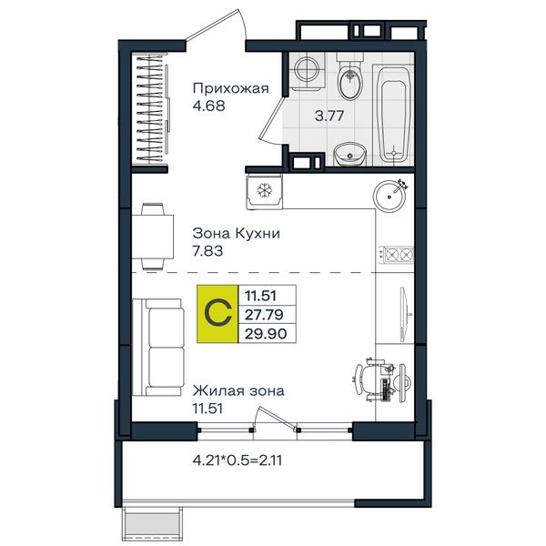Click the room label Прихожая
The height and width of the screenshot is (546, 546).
click(x=231, y=89)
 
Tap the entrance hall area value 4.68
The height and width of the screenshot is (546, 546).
click(x=209, y=106)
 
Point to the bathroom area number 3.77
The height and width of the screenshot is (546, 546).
click(x=329, y=116)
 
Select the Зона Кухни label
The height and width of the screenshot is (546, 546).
click(x=236, y=233)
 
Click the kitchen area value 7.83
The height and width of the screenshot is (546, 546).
click(x=207, y=251)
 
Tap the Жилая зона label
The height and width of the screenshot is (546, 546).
click(x=238, y=390)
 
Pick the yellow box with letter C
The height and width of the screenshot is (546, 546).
click(x=217, y=314)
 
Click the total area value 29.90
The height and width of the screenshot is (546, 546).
click(x=266, y=334)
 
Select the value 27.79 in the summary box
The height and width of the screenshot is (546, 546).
click(x=264, y=315)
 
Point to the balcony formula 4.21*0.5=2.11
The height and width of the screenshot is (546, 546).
click(x=238, y=460)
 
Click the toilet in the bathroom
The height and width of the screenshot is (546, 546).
click(x=350, y=76)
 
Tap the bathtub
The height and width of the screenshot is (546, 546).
click(x=393, y=114)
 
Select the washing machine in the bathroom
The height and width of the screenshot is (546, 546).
click(x=308, y=71)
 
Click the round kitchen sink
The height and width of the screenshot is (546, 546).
click(x=389, y=197)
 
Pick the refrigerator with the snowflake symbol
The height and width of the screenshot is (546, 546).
click(x=264, y=192)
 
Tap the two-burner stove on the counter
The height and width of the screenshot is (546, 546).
click(x=396, y=255)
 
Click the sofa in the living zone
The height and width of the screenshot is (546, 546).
click(x=158, y=348)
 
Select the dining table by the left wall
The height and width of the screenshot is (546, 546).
click(x=153, y=237)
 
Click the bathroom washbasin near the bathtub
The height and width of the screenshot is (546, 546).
click(x=350, y=155)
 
